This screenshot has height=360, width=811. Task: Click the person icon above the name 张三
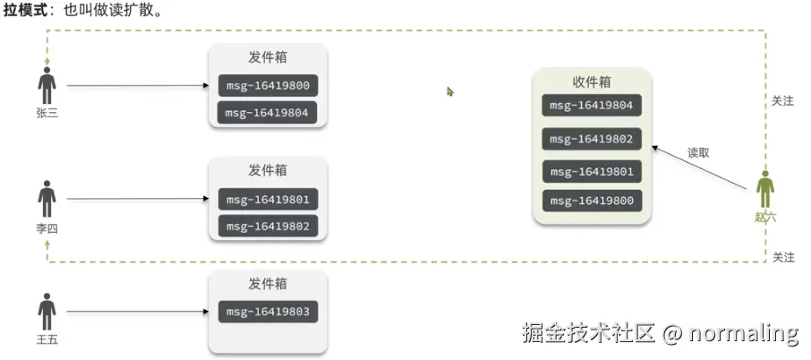click(x=47, y=85)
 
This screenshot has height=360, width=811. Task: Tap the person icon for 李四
click(x=47, y=199)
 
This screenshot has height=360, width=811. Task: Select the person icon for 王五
click(x=47, y=311)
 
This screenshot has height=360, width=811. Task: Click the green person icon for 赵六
click(x=765, y=190)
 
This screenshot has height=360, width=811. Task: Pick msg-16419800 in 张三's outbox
click(x=268, y=87)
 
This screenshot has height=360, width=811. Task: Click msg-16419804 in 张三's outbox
click(x=268, y=113)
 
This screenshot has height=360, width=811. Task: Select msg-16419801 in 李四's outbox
click(x=268, y=200)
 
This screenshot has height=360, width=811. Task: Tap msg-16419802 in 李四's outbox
click(x=268, y=226)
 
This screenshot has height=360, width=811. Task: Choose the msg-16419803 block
click(x=268, y=312)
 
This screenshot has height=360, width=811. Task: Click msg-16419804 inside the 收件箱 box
click(x=592, y=106)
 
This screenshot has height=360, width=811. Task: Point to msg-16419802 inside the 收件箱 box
click(x=592, y=139)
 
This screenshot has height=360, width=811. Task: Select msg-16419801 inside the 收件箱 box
click(x=592, y=171)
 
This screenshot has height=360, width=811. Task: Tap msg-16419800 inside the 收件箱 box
click(x=592, y=201)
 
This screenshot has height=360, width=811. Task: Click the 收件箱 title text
click(x=592, y=81)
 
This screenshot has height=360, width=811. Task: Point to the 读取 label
click(x=698, y=152)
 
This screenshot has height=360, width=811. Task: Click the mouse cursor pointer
click(x=450, y=90)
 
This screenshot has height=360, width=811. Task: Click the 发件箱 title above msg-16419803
click(x=268, y=283)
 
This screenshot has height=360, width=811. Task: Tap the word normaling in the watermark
click(x=743, y=333)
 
